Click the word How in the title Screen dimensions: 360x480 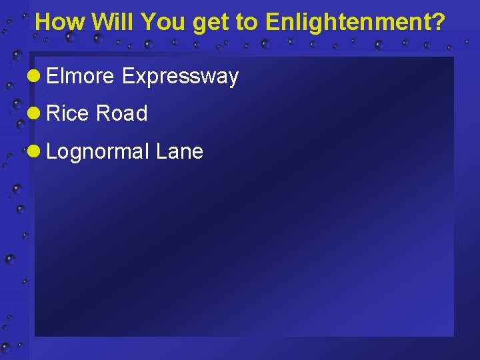point(61,23)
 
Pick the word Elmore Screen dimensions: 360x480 point(81,77)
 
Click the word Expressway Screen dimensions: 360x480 point(180,77)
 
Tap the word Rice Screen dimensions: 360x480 point(68,114)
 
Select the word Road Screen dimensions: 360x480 point(121,114)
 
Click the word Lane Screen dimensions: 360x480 point(179,151)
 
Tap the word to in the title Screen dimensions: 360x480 point(247,23)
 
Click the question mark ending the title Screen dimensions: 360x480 point(438,23)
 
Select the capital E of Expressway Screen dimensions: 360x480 point(127,77)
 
